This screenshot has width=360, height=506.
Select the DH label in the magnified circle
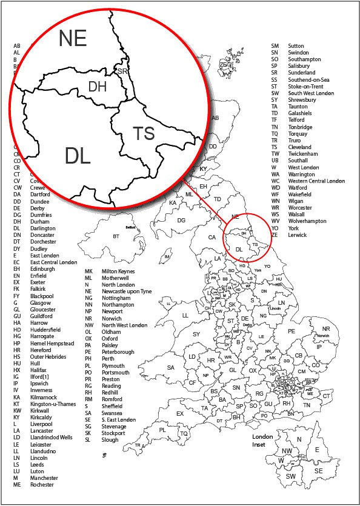(x=97, y=87)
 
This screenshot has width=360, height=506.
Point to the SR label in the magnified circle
(x=123, y=71)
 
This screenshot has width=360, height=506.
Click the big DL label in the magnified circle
(x=78, y=156)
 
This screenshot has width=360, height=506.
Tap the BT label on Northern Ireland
(x=115, y=236)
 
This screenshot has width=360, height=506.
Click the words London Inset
(x=263, y=441)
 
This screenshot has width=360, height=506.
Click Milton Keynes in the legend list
(x=118, y=271)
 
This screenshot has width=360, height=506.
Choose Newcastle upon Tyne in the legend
(x=127, y=291)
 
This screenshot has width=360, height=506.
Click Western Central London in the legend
(x=316, y=181)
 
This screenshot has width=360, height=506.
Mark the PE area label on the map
(x=291, y=331)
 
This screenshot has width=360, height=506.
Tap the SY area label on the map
(x=196, y=334)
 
